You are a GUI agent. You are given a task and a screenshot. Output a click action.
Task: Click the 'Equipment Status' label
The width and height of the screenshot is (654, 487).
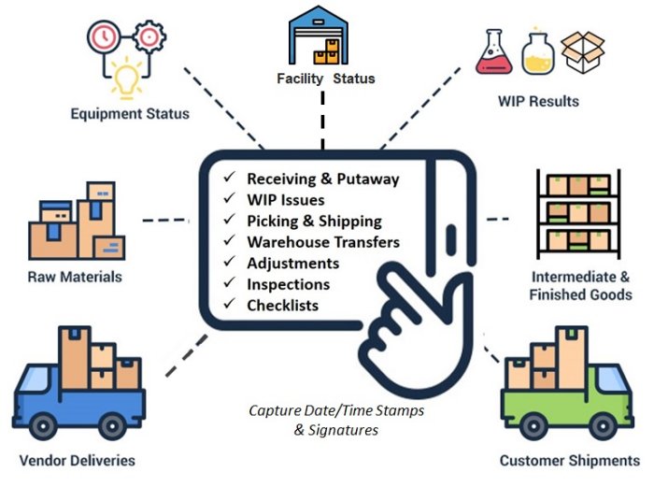click(x=130, y=115)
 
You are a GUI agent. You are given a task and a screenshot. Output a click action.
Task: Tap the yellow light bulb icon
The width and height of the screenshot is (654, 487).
click(x=125, y=79)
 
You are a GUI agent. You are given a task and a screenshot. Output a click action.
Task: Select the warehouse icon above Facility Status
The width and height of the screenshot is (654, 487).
click(x=324, y=36)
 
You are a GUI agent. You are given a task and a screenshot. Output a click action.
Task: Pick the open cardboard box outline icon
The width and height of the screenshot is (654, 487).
click(x=583, y=53)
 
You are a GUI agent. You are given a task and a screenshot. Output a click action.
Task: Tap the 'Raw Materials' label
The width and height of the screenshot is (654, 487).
click(x=76, y=277)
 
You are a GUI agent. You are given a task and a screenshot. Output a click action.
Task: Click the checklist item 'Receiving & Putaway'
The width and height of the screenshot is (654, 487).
click(x=322, y=179)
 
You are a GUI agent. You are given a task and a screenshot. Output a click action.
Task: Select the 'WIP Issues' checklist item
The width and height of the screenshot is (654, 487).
click(x=286, y=200)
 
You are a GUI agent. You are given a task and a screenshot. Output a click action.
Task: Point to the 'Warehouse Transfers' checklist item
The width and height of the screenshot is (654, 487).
click(x=322, y=242)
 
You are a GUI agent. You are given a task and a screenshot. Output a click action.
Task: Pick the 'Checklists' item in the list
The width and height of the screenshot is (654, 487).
click(x=282, y=306)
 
